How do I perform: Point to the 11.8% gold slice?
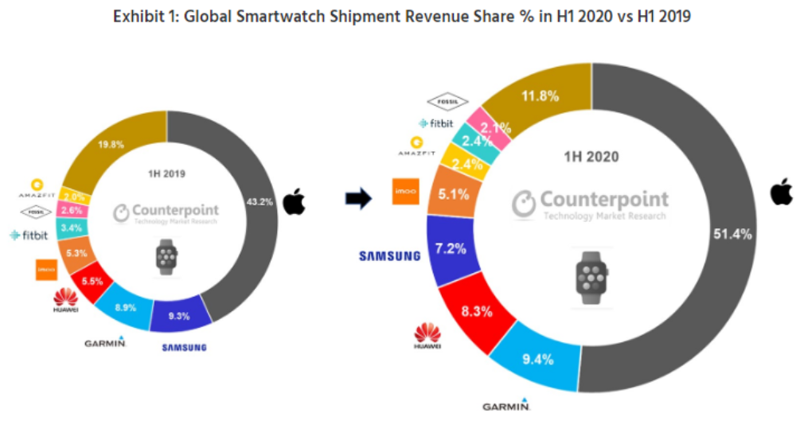[x=538, y=97]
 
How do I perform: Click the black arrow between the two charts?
[x=360, y=199]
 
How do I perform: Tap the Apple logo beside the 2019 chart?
[x=295, y=202]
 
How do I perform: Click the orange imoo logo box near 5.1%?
[x=406, y=192]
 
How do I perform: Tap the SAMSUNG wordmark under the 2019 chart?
[x=184, y=348]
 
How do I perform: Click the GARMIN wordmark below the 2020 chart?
[x=506, y=406]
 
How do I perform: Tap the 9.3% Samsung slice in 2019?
[x=180, y=315]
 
